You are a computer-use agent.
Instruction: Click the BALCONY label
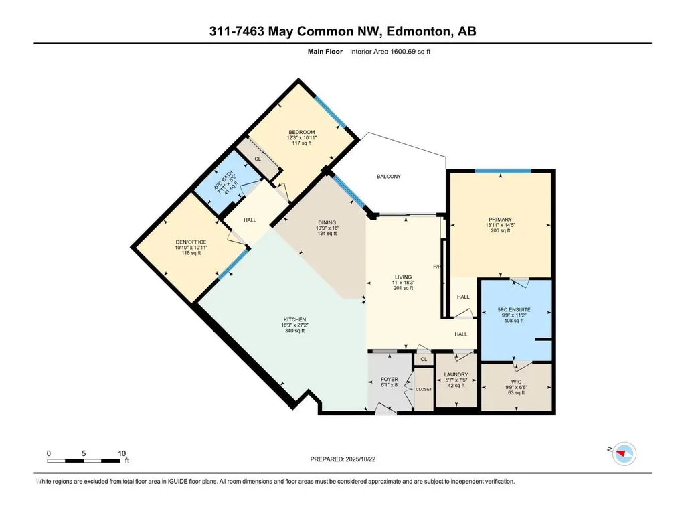[x=388, y=177]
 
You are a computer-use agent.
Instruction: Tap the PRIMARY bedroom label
[x=500, y=220]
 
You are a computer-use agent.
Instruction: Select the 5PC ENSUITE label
[x=513, y=309]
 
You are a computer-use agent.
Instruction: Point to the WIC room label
[x=516, y=382]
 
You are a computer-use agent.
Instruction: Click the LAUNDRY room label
[x=456, y=374]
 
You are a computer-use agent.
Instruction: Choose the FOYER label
[x=390, y=379]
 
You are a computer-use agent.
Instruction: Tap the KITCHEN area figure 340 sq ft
[x=294, y=331]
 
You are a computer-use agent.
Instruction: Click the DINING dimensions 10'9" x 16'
[x=327, y=228]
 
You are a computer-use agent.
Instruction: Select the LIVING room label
[x=403, y=277]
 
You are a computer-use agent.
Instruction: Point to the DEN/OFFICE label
[x=191, y=242]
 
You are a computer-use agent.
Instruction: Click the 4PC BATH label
[x=223, y=181]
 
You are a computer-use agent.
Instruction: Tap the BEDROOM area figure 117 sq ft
[x=301, y=143]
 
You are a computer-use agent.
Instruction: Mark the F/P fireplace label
[x=436, y=267]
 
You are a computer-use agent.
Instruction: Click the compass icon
[x=624, y=453]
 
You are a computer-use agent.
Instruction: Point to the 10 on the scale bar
[x=122, y=453]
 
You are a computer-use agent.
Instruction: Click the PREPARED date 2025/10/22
[x=361, y=459]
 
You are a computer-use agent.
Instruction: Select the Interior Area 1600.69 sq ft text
[x=390, y=52]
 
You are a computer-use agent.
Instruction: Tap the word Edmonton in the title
[x=418, y=31]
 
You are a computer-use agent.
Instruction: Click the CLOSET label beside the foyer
[x=424, y=389]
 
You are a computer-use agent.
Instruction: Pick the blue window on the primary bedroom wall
[x=503, y=171]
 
